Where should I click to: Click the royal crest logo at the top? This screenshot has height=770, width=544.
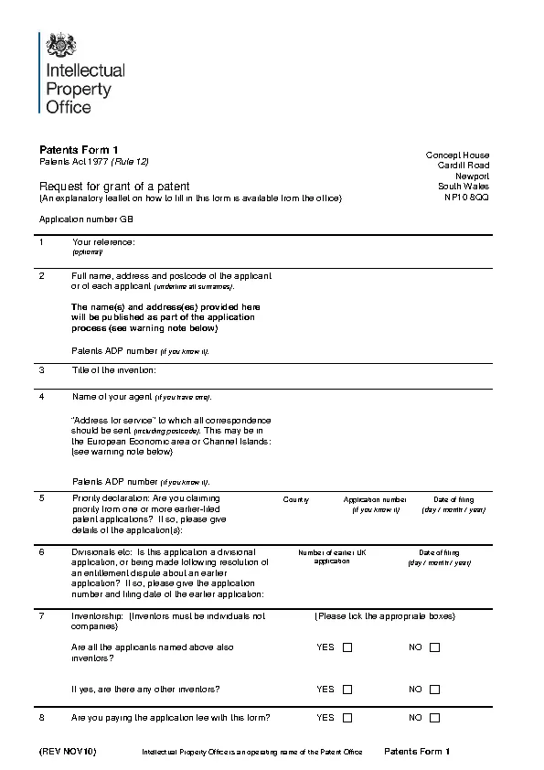click(61, 45)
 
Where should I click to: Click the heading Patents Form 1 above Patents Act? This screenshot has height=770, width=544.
click(79, 149)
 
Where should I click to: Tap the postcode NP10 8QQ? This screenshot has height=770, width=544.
click(466, 197)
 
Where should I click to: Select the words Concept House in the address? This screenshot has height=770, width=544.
click(457, 155)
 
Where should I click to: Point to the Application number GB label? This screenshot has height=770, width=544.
click(86, 219)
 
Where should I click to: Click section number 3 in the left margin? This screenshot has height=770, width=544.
click(41, 370)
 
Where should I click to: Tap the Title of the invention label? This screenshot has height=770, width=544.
click(114, 370)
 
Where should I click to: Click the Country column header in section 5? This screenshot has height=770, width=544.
click(296, 500)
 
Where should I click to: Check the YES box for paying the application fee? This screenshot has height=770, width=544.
click(347, 719)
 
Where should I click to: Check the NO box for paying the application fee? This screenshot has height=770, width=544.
click(434, 719)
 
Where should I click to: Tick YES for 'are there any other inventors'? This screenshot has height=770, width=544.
click(347, 690)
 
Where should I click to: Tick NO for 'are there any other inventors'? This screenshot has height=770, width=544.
click(434, 690)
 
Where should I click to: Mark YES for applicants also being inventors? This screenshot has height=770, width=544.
click(347, 647)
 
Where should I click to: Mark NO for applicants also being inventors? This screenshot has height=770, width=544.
click(434, 647)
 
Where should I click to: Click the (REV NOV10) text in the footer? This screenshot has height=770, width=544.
click(67, 752)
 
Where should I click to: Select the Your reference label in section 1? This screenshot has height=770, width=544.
click(103, 242)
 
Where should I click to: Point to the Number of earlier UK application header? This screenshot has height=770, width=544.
click(332, 557)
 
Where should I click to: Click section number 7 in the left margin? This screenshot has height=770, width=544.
click(41, 616)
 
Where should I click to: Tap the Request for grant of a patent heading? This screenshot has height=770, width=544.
click(114, 186)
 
